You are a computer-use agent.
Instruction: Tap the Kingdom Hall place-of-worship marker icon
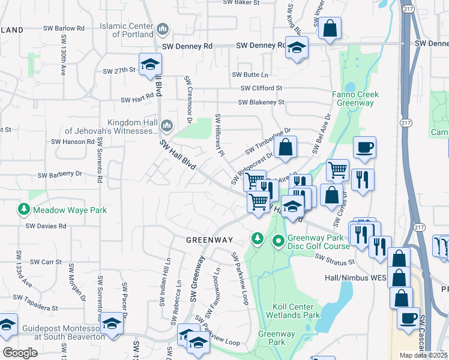(x=167, y=126)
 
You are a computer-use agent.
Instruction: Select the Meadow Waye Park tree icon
(x=23, y=209)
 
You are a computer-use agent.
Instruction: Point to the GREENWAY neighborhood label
(x=209, y=240)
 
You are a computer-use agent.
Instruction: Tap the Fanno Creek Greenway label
(x=354, y=99)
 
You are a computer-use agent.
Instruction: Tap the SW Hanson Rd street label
(x=73, y=142)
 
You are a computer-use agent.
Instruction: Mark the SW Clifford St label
(x=261, y=88)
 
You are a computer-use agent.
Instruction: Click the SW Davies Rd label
(x=46, y=226)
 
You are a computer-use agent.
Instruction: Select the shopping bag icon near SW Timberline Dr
(x=286, y=148)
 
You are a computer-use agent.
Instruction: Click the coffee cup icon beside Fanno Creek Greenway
(x=364, y=148)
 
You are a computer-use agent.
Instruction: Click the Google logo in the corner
(x=20, y=353)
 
